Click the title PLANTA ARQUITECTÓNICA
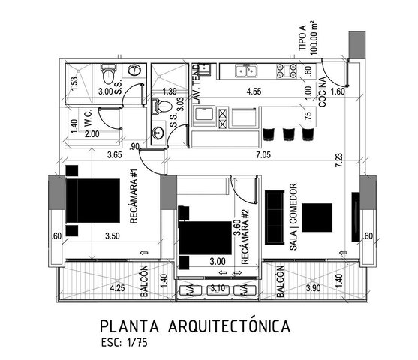point(195,325)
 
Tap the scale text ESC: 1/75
point(125,343)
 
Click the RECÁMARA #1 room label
point(134,196)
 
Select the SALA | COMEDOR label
point(293,217)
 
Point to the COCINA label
point(322,92)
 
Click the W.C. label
point(88,118)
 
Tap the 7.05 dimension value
point(263,154)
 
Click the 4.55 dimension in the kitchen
point(254,91)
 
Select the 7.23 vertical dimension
point(339,160)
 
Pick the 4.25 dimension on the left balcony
point(118,288)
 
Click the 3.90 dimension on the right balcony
point(313,288)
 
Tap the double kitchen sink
point(246,70)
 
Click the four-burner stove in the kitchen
point(287,71)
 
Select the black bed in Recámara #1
point(93,201)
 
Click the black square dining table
point(317,217)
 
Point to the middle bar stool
point(288,134)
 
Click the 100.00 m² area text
point(314,37)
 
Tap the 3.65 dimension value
point(115,154)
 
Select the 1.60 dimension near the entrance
point(338,91)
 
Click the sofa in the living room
point(275,217)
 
